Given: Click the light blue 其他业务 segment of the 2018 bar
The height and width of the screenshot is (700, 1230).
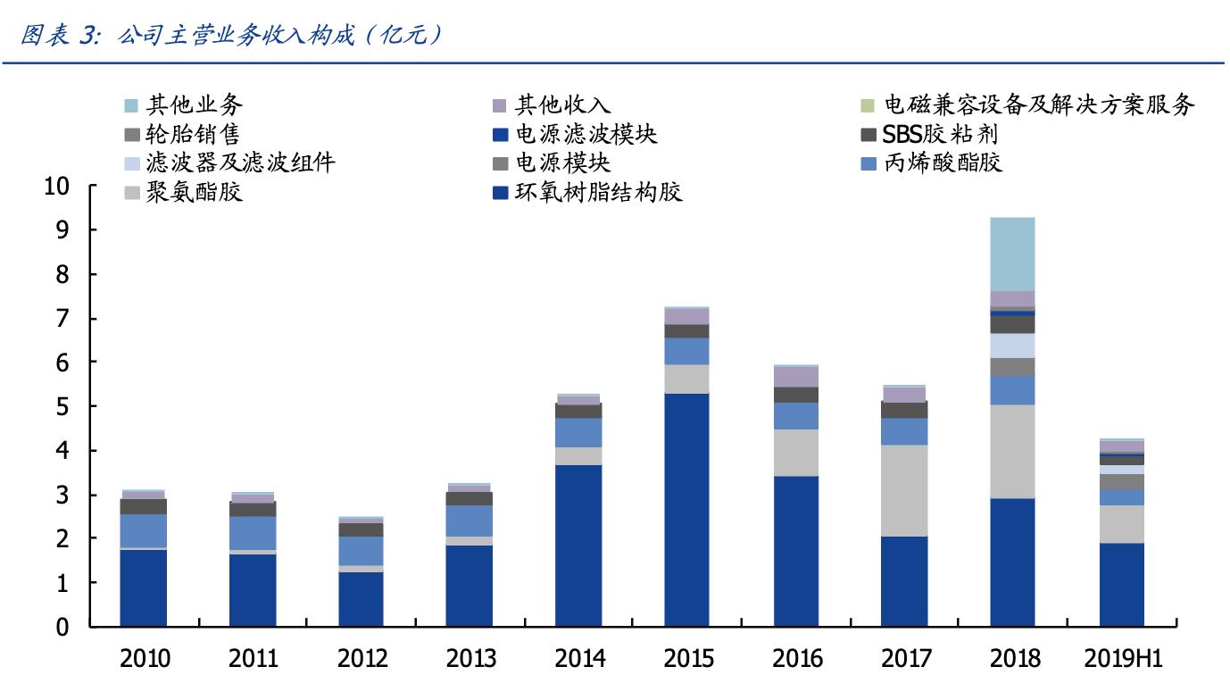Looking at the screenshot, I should [x=1012, y=254].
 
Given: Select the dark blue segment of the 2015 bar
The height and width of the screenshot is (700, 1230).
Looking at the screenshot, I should [x=686, y=509].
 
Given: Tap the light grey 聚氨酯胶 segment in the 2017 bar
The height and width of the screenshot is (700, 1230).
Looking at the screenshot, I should [x=903, y=490].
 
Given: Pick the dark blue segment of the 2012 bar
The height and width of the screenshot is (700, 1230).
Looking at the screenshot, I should [x=361, y=598].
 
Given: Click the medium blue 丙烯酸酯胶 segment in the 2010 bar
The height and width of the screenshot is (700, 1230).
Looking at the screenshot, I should [x=143, y=531].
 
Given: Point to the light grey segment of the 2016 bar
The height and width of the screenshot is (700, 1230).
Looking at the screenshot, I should [x=795, y=453].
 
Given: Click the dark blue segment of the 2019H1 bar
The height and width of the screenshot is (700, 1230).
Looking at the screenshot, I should [x=1121, y=584].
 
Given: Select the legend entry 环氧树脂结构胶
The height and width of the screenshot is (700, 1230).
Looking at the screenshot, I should [x=599, y=192].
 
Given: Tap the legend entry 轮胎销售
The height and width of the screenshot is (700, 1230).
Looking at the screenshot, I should [x=191, y=135].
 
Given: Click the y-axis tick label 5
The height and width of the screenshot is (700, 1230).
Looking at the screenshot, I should [x=62, y=407].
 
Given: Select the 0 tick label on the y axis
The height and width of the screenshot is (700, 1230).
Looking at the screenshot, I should [x=62, y=628].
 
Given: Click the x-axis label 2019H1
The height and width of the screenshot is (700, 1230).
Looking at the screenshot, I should [x=1123, y=659].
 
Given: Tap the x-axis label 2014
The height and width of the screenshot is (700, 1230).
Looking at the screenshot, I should [x=579, y=659].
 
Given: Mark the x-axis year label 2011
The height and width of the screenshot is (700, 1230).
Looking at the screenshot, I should [x=253, y=659].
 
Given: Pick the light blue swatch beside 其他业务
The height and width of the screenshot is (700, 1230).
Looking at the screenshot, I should [x=131, y=106].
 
